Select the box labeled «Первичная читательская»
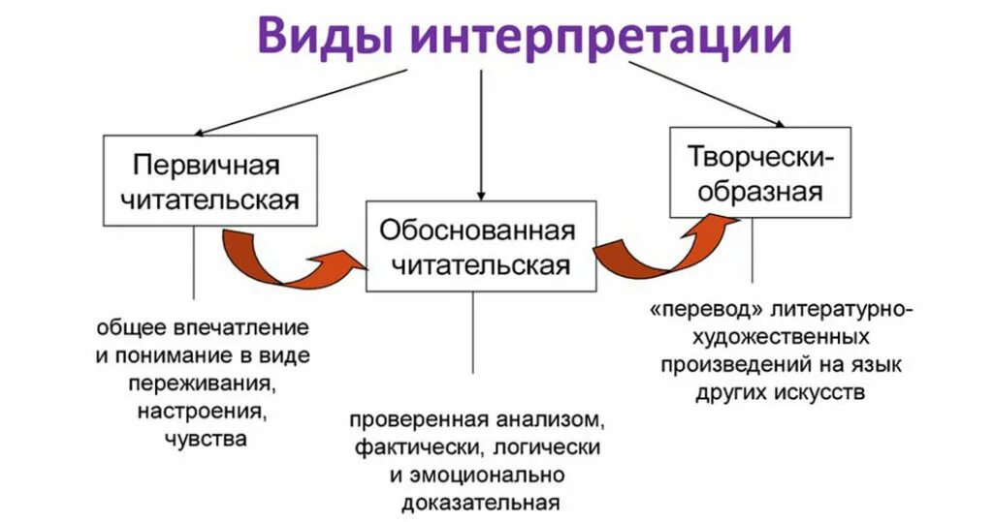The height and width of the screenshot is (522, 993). tap(209, 181)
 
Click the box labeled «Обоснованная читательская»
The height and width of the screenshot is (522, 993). tap(480, 246)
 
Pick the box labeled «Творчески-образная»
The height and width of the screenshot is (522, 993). tap(759, 172)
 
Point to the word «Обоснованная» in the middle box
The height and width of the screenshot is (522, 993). tap(477, 230)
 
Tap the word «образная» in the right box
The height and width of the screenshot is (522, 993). tap(759, 190)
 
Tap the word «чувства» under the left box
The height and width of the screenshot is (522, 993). tap(206, 439)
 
